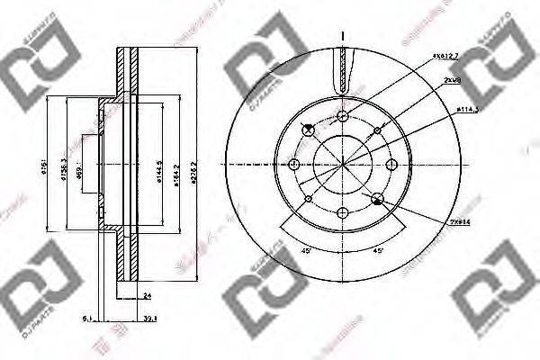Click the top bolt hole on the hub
click(x=344, y=115)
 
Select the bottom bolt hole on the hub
click(x=344, y=213)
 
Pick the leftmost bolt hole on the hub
click(x=295, y=164)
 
